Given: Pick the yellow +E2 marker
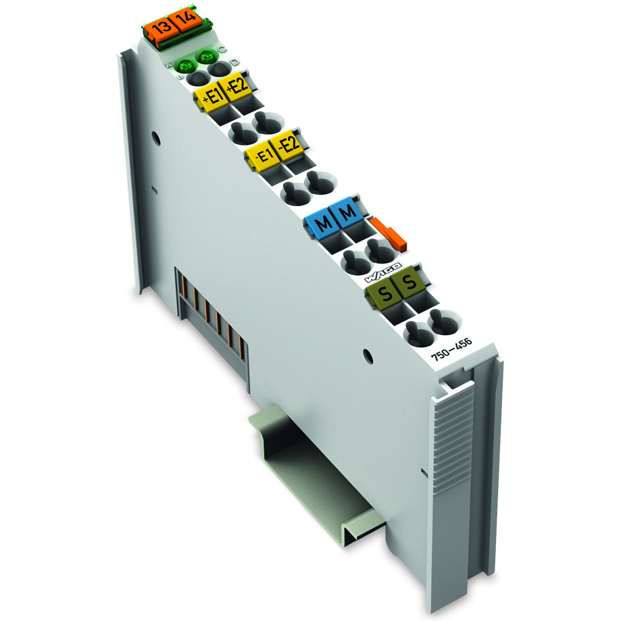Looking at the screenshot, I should (239, 88).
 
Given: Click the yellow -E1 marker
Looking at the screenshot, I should (262, 156).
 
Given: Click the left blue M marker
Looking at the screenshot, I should (322, 224).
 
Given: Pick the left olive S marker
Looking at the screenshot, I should (384, 295).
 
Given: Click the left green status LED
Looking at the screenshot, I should (184, 65).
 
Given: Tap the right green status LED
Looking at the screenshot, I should (205, 56).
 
